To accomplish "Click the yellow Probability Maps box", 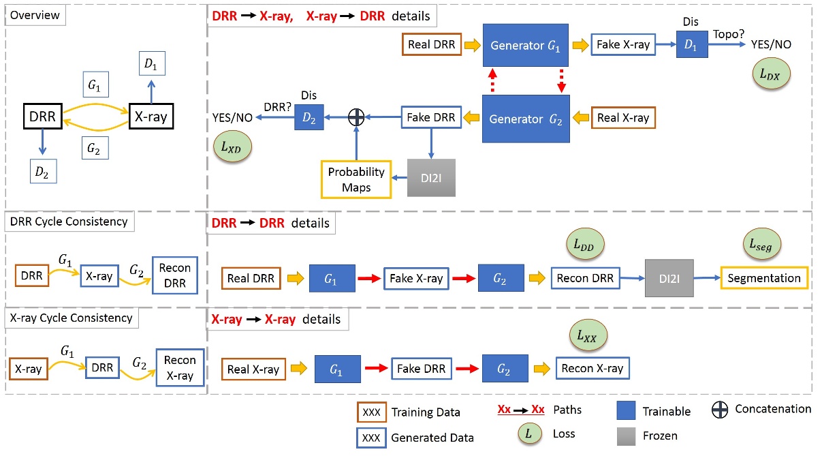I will click(x=356, y=179).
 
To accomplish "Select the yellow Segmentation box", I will click(x=763, y=278).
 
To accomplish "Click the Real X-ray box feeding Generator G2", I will click(x=622, y=118).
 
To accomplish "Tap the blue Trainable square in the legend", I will click(x=627, y=410).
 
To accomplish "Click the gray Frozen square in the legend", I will click(x=627, y=434).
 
